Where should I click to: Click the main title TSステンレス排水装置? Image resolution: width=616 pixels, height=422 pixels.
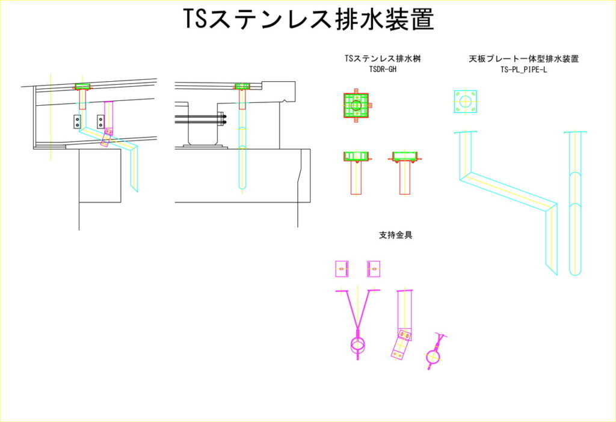(308, 20)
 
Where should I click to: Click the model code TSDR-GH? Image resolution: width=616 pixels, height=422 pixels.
(383, 69)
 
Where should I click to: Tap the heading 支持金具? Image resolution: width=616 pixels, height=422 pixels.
(395, 235)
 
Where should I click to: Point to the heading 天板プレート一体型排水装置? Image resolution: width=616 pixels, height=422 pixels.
(527, 59)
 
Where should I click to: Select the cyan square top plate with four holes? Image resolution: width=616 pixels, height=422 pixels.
(465, 101)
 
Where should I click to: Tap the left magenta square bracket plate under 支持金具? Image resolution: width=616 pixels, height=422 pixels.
(342, 269)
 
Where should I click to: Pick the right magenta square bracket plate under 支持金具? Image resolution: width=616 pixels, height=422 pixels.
(374, 269)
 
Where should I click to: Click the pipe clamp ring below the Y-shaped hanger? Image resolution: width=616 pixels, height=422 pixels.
(357, 346)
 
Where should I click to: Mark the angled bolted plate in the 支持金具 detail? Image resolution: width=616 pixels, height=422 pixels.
(400, 345)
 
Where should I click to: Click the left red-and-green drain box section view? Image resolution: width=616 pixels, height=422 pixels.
(356, 157)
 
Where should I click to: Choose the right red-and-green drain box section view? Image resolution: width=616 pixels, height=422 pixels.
(405, 157)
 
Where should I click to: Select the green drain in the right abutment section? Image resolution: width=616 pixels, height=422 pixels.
(242, 87)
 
